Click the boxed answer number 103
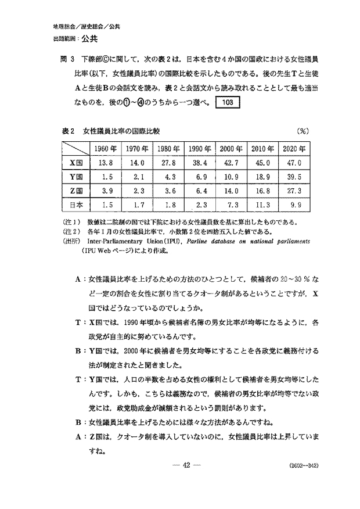pos(228,103)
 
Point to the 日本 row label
pos(77,205)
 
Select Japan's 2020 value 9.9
pos(294,205)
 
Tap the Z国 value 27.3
pos(294,191)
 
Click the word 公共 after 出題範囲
pos(89,39)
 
